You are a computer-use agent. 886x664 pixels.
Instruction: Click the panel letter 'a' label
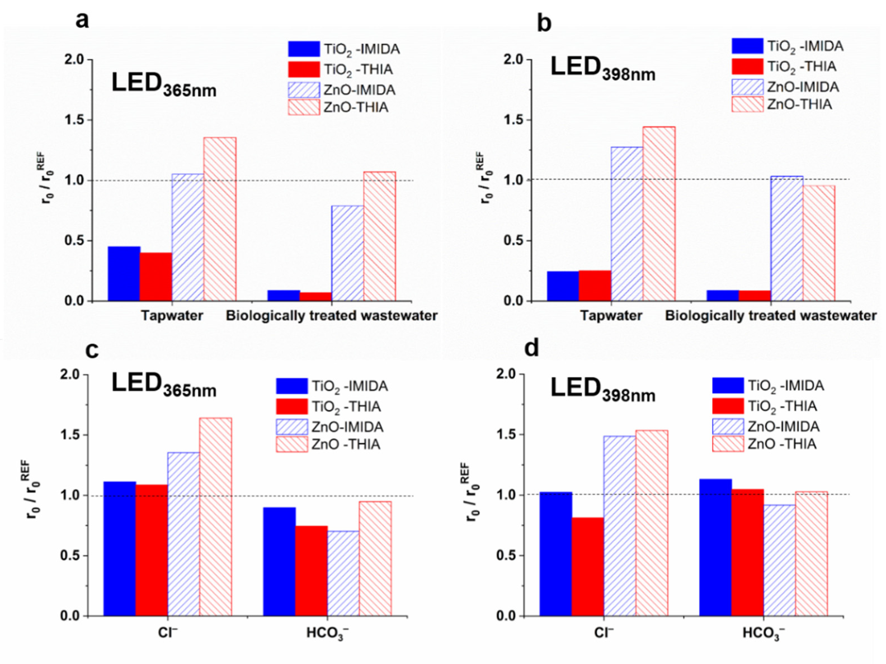click(82, 20)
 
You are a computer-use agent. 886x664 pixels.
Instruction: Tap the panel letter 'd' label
click(532, 348)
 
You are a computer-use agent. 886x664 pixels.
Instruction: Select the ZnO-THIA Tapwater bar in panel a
click(220, 219)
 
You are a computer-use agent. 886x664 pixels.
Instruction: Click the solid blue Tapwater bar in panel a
click(124, 274)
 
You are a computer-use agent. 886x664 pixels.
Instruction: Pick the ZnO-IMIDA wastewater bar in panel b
click(787, 238)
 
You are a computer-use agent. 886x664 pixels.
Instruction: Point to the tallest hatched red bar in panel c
click(216, 517)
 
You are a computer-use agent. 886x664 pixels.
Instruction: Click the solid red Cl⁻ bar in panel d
click(588, 567)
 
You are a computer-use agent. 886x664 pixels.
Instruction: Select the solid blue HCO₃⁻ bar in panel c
click(279, 561)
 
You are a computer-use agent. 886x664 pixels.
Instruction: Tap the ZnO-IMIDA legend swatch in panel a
click(304, 90)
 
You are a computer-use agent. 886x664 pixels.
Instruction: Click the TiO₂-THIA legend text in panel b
click(802, 67)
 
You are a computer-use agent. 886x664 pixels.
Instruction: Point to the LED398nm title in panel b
click(602, 69)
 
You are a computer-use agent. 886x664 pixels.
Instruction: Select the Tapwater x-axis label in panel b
click(611, 315)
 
